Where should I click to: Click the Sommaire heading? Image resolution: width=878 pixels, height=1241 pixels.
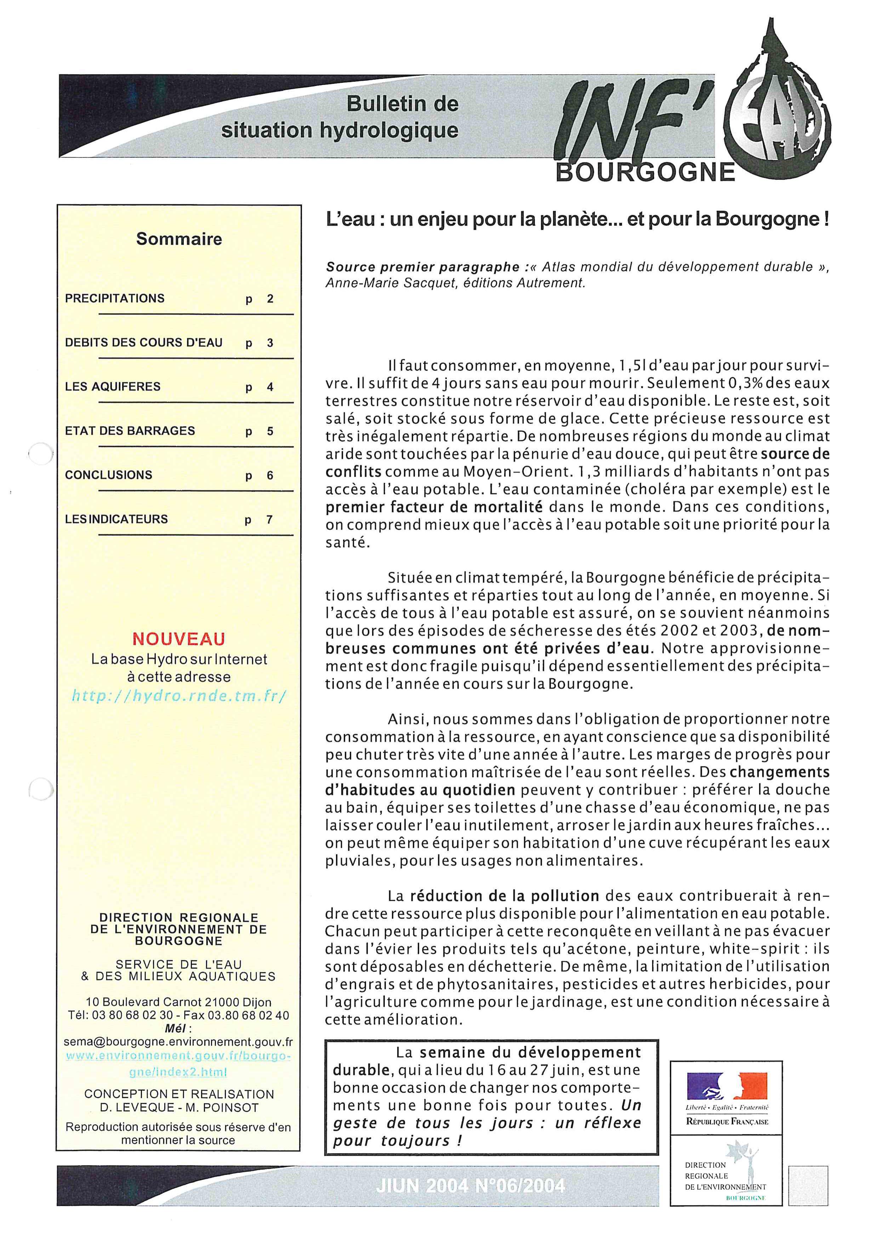(179, 239)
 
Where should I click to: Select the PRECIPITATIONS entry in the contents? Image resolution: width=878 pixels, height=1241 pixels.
(115, 298)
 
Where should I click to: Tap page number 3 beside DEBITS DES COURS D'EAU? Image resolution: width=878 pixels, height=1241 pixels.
(270, 343)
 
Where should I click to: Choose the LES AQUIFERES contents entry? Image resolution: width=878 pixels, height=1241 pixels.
(113, 386)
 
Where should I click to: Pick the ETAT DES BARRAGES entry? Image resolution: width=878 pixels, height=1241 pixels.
(130, 431)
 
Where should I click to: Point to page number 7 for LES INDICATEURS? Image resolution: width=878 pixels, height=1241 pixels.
(269, 519)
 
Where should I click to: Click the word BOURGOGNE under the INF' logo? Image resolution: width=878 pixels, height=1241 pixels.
(645, 173)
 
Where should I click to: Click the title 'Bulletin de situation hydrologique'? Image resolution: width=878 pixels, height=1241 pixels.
(341, 117)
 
